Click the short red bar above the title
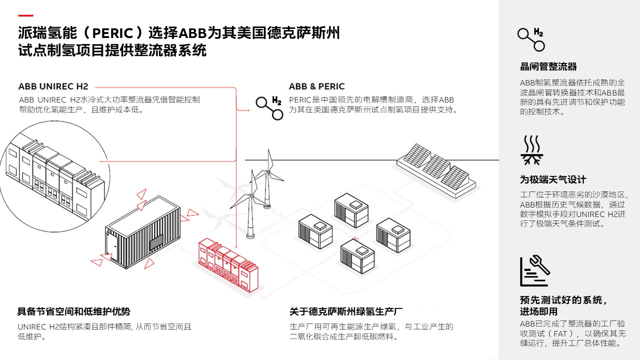pos(25,15)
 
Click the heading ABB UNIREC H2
pos(53,86)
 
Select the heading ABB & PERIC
pos(316,86)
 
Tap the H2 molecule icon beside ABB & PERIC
pos(269,108)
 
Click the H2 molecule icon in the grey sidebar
pos(531,39)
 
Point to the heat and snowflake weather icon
pos(531,150)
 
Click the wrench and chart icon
pos(534,270)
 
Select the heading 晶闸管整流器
pos(548,66)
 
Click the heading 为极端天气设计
pos(553,179)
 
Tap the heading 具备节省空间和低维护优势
pos(73,311)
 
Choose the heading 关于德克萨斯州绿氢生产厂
pos(345,311)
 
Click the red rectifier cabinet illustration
pos(228,265)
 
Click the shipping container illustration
pos(143,232)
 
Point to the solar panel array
pos(436,171)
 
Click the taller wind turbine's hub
pos(267,171)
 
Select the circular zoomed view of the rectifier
pos(54,176)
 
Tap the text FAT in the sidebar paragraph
pos(560,333)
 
